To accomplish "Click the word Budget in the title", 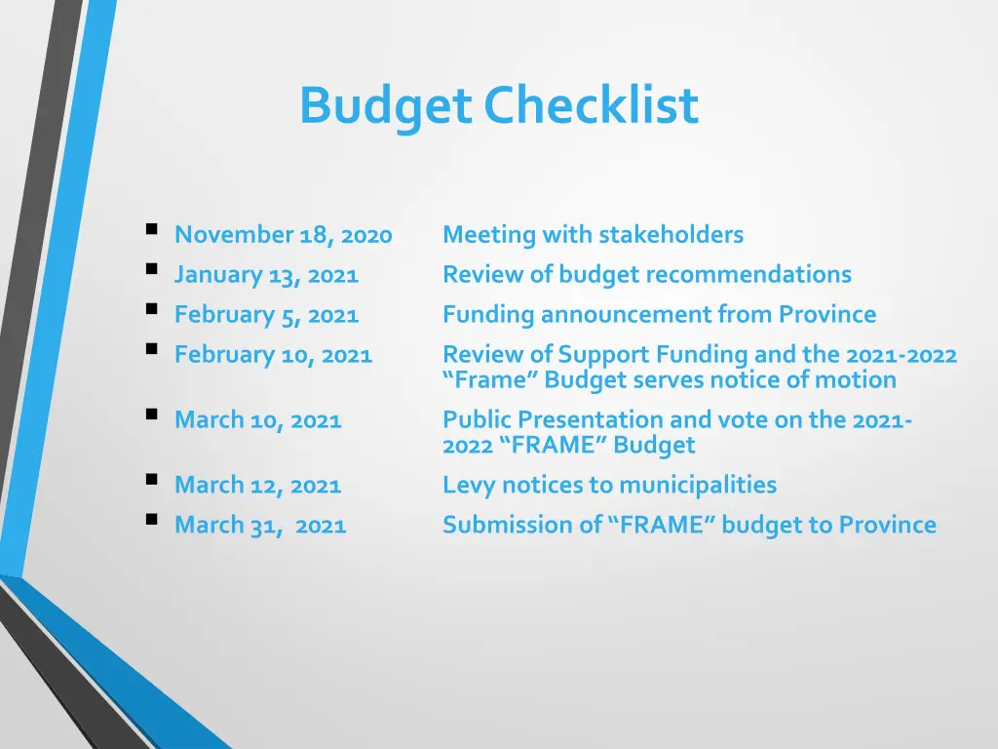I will coord(385,106).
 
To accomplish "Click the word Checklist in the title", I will coord(592,105).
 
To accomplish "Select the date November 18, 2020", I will coord(283,235).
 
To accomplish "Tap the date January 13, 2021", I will coord(266,275).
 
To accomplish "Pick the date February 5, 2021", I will coord(266,315).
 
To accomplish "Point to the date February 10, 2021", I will coord(273,355).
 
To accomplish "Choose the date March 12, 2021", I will coord(257,485).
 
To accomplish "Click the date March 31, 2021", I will coord(259,525).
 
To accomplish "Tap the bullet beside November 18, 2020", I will coord(151,231).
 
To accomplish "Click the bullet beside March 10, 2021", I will coord(151,415).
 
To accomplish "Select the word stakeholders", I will coord(671,235).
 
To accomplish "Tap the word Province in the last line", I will coord(887,525).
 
